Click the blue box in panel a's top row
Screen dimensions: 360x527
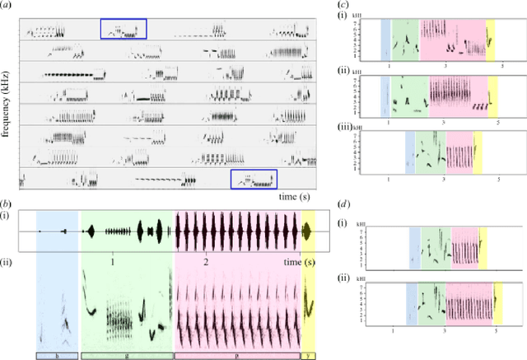[124, 29]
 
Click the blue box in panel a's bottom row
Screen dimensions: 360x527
[254, 179]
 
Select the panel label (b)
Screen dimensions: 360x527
[10, 203]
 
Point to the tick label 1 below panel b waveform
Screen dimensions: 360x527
[113, 259]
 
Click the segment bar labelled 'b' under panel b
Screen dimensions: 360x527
[56, 355]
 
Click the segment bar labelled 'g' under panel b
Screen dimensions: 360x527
[127, 355]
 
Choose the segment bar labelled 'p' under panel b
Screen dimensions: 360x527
[237, 355]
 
